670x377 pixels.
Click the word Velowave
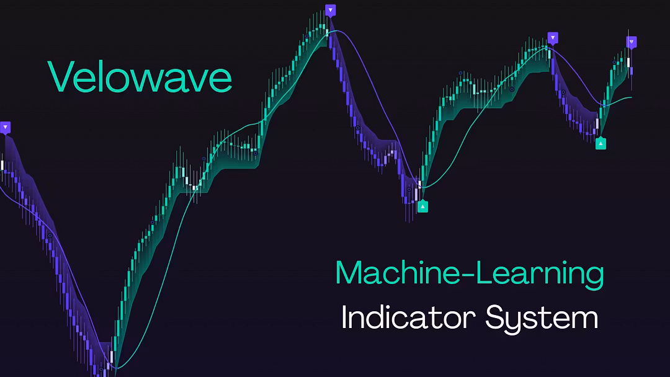(140, 77)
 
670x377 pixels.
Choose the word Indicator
(408, 317)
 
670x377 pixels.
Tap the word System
(542, 319)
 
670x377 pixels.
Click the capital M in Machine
(349, 272)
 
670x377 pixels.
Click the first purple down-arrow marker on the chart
(5, 128)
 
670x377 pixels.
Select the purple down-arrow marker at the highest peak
(330, 11)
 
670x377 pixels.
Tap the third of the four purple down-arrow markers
(553, 38)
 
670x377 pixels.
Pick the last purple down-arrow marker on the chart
(632, 42)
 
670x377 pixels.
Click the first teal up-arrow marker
(422, 206)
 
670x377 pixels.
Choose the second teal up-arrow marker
(601, 143)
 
